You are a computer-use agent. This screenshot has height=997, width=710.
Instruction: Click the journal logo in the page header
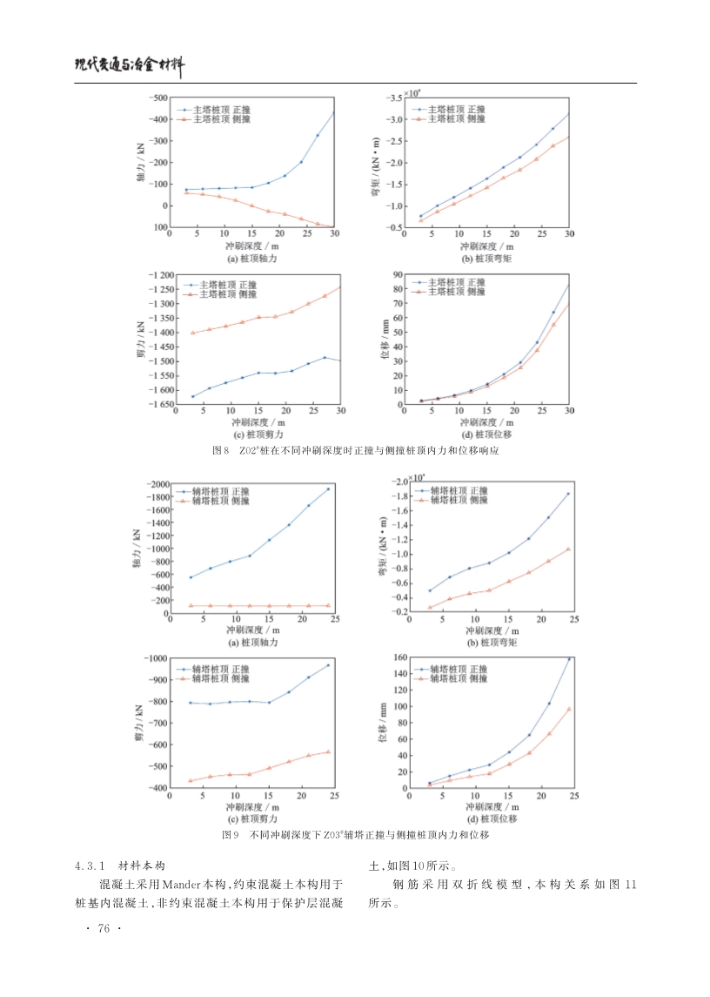131,66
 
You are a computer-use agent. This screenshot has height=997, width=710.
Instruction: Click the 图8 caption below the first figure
355,451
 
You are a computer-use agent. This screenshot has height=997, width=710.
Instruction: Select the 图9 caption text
355,835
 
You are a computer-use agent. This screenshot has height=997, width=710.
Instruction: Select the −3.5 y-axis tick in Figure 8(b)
395,97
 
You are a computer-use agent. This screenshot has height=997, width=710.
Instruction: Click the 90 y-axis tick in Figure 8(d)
398,275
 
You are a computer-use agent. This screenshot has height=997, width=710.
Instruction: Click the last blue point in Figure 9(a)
328,488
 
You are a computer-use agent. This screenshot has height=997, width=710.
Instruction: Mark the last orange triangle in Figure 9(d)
569,709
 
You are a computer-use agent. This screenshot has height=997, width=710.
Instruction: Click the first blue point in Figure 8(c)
192,397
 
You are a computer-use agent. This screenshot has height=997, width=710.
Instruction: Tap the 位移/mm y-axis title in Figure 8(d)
384,340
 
